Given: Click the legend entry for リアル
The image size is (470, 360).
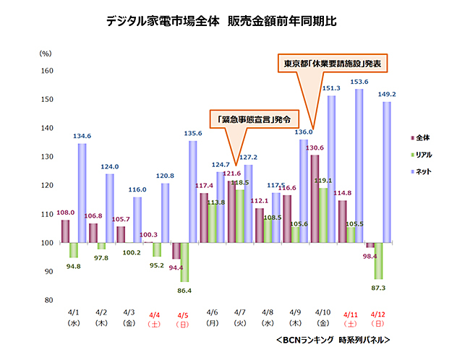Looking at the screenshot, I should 428,153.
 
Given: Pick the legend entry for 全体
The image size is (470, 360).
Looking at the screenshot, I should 426,136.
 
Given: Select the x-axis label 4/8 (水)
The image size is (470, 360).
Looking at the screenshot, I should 267,319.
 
